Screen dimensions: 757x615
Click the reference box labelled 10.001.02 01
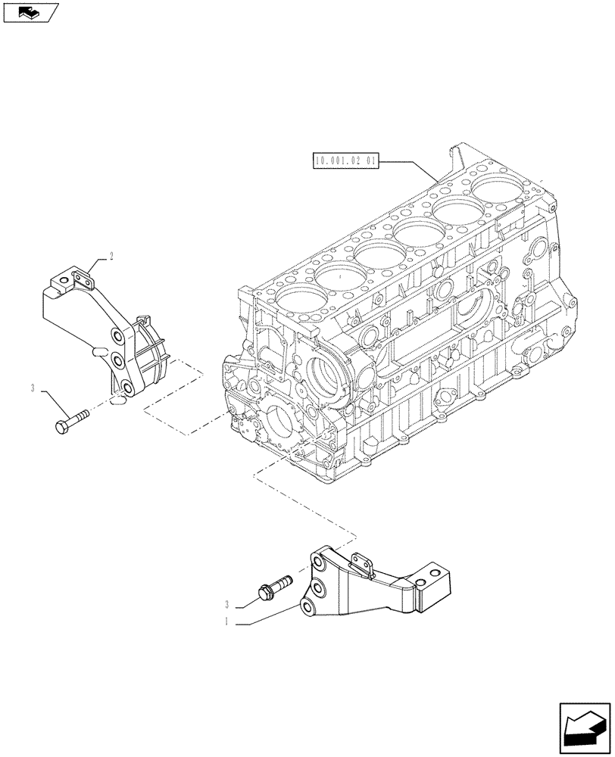pos(345,160)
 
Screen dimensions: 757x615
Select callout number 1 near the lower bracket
pos(226,621)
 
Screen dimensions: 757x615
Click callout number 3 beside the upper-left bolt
pos(33,388)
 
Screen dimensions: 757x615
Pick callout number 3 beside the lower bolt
pos(226,604)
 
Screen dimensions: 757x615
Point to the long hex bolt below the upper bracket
pos(72,420)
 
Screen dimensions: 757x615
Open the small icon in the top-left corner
pos(31,12)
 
